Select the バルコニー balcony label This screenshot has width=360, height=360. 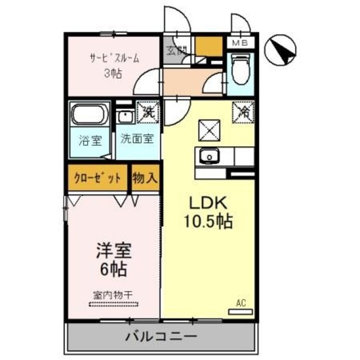[161, 337]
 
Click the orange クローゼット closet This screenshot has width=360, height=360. [98, 179]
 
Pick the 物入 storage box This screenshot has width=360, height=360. [145, 179]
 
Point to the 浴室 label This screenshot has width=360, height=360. [89, 139]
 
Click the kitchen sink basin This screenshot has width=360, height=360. [209, 155]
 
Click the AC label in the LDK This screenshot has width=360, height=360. [241, 304]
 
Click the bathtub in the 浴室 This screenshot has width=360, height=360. [89, 116]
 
